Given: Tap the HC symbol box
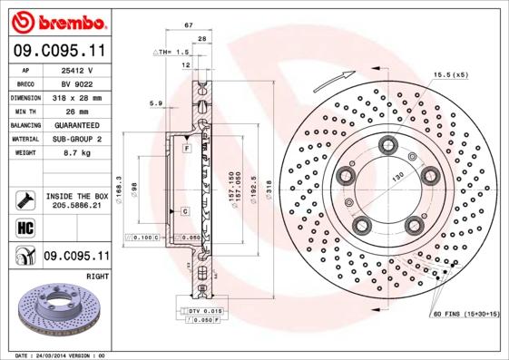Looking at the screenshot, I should pos(23,227).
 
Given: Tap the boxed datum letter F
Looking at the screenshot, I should pos(185,147).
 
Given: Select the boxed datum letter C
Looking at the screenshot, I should pos(184,210).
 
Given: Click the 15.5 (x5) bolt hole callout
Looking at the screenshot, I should pos(451,73).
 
